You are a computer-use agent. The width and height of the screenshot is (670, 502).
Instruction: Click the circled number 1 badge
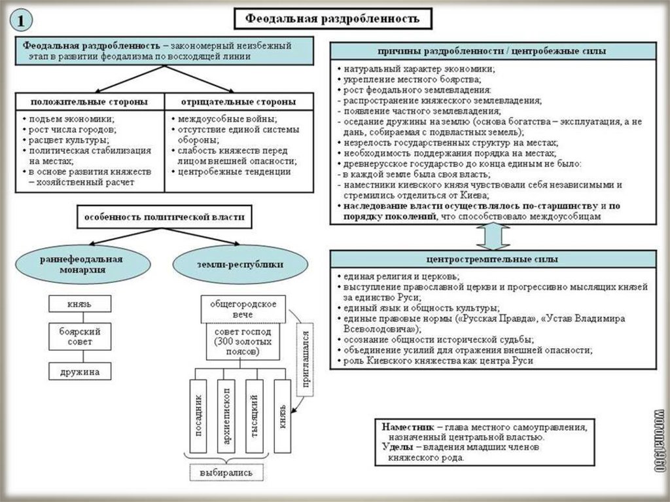click(x=22, y=20)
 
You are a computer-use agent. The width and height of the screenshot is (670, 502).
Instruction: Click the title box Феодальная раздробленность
click(x=332, y=19)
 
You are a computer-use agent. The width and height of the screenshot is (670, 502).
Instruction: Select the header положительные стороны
click(x=89, y=102)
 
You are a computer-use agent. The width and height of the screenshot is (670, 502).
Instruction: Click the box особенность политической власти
click(x=164, y=217)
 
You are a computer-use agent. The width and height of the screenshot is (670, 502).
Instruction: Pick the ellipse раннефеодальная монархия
click(x=80, y=264)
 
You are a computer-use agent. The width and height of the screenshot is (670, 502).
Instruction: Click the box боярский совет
click(x=79, y=337)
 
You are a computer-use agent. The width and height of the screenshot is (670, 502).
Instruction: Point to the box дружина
click(x=79, y=372)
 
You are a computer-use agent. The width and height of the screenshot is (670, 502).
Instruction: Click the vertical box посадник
click(x=200, y=416)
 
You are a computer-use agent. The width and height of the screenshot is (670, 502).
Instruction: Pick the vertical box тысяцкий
click(x=255, y=416)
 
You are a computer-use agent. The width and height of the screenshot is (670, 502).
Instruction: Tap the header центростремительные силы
click(x=492, y=259)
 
